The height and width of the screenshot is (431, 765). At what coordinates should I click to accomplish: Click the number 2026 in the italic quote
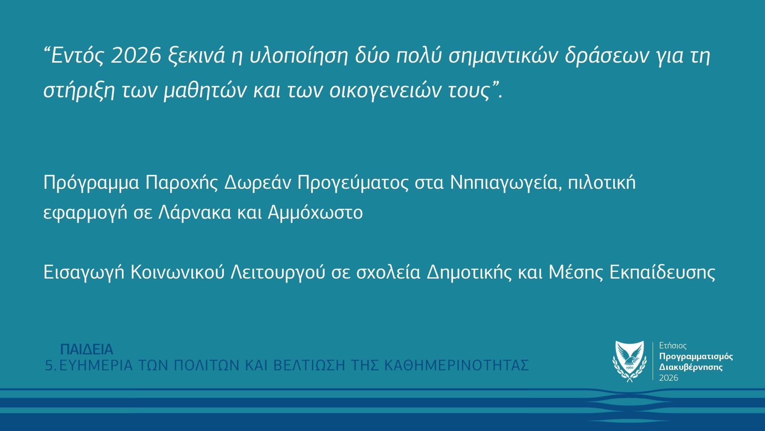coord(133,57)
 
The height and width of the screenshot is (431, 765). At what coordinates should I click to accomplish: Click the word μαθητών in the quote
coord(206,92)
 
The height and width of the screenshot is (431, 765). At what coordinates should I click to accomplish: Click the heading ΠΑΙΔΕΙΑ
coord(87,349)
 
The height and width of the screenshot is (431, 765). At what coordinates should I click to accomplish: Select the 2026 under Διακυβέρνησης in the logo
coord(669,378)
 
